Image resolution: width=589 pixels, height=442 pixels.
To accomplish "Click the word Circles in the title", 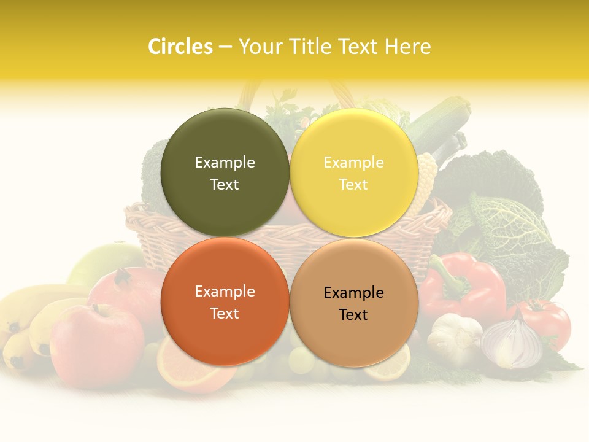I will click(x=180, y=47).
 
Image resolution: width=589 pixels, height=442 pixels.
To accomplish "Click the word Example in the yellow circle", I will click(x=353, y=163).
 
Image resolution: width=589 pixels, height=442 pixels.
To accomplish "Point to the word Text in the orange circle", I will click(x=225, y=314).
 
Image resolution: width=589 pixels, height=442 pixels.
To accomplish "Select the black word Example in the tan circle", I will click(x=353, y=293).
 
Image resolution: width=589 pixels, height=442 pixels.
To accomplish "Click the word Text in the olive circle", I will click(x=225, y=185).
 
